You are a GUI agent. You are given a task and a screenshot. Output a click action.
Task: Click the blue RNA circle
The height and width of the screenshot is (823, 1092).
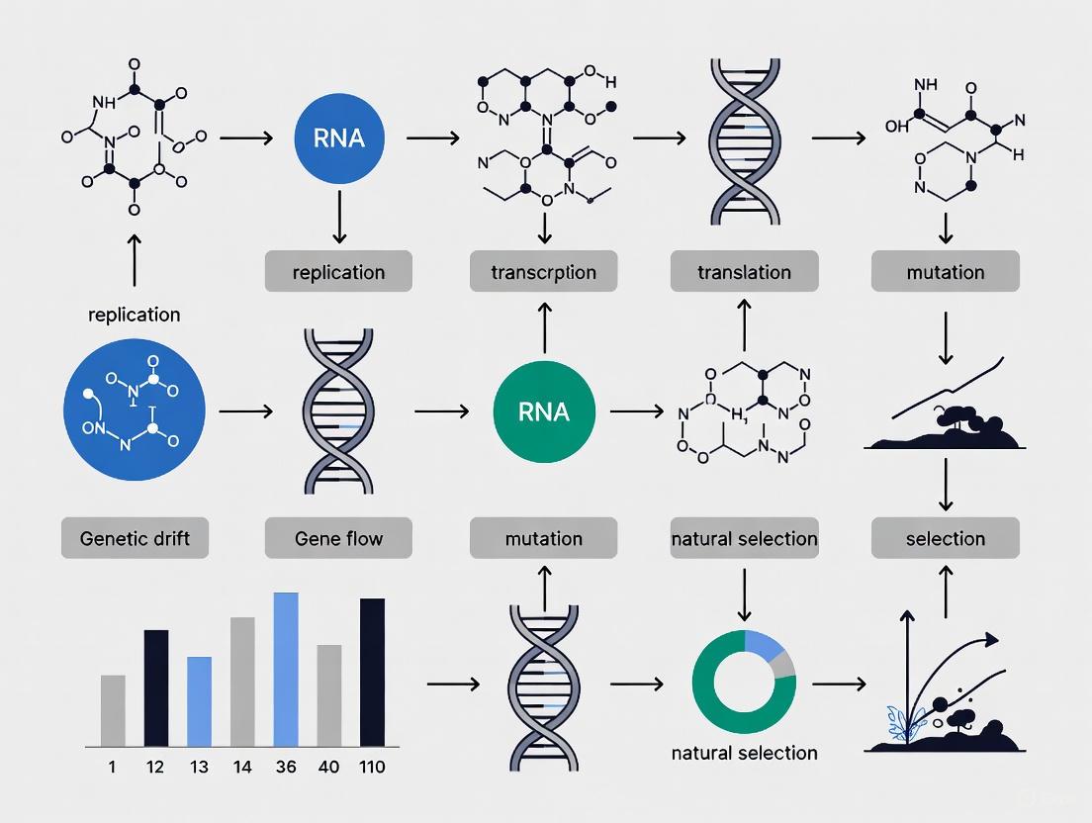[339, 137]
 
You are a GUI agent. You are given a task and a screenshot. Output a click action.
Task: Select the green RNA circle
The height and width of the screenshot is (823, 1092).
[543, 411]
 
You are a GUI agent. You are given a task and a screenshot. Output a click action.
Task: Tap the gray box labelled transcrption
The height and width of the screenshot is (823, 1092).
[543, 271]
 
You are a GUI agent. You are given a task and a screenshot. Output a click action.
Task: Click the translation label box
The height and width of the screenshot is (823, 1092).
[744, 271]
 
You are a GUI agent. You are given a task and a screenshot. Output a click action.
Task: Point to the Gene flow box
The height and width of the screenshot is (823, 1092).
[338, 539]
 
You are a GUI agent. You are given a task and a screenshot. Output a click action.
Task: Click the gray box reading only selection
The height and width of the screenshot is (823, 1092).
[945, 539]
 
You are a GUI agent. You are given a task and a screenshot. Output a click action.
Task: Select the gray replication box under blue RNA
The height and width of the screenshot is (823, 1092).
[338, 271]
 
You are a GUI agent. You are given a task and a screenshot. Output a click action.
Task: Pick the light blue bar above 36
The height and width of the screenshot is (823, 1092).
[286, 669]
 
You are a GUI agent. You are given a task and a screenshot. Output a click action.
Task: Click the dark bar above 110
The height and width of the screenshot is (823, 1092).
[372, 672]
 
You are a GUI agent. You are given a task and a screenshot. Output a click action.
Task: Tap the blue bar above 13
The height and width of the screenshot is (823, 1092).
[199, 700]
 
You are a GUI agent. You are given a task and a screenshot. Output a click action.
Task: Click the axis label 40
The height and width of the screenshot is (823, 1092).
[328, 767]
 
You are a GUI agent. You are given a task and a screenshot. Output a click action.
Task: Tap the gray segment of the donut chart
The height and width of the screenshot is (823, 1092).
[786, 663]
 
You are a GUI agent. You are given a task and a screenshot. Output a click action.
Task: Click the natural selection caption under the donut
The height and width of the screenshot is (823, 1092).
[743, 753]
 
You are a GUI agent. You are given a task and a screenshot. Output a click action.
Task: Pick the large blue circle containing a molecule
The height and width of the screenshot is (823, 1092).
[134, 411]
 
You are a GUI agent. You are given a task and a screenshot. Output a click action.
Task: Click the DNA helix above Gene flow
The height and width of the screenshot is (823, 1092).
[338, 411]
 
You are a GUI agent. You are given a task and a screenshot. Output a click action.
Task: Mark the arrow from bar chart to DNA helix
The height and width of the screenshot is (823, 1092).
[452, 684]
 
